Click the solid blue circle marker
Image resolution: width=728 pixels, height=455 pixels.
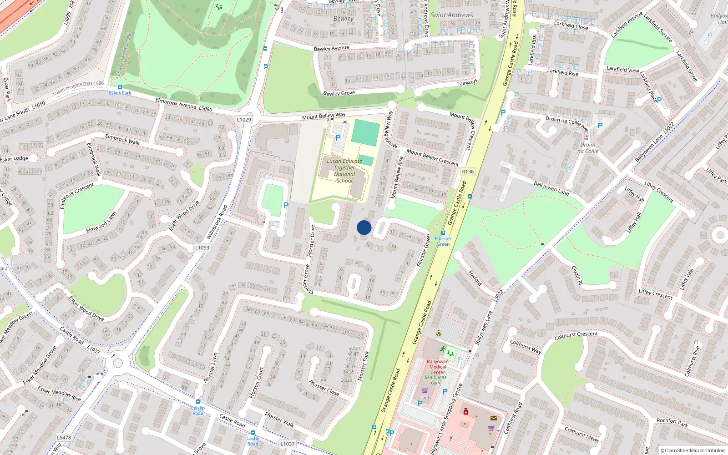click(x=364, y=227)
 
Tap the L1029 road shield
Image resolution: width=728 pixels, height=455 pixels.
click(x=244, y=120)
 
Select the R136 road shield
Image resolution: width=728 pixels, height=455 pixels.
click(x=468, y=172)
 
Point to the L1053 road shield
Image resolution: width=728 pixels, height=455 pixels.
click(x=202, y=248)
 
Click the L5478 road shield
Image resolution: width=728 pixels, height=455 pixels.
click(x=64, y=438)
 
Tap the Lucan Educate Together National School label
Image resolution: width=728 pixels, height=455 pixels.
click(x=344, y=171)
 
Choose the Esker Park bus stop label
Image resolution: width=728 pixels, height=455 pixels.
click(x=120, y=93)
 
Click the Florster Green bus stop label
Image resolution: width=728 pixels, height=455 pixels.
click(x=443, y=241)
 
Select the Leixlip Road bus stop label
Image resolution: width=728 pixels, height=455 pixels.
click(x=198, y=410)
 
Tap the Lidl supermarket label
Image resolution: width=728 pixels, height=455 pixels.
click(x=425, y=397)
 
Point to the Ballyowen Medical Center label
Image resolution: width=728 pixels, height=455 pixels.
click(x=437, y=367)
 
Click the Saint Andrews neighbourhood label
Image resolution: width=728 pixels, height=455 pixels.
click(x=452, y=15)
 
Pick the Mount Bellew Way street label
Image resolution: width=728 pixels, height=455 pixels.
click(x=324, y=116)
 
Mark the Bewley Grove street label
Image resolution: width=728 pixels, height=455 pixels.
click(x=339, y=93)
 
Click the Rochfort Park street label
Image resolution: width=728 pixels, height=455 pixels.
click(x=672, y=423)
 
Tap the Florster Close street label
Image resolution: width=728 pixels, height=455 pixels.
click(x=324, y=388)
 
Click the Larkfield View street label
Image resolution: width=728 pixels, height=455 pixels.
click(x=622, y=69)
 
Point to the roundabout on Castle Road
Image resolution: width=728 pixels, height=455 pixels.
click(x=118, y=363)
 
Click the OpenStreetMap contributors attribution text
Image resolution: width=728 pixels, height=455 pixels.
click(x=693, y=450)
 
